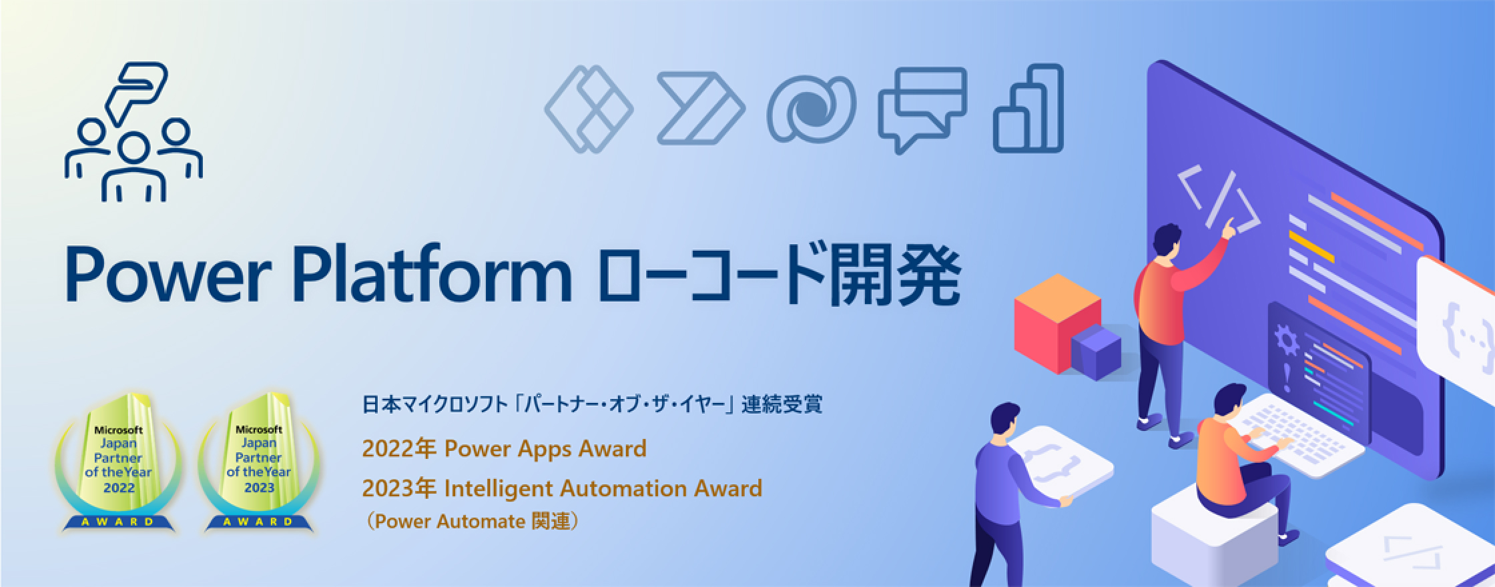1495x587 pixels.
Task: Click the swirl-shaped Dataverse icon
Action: coord(811,109)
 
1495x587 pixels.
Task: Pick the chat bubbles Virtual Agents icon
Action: coord(923,109)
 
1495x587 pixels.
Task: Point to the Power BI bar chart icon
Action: coord(1028,108)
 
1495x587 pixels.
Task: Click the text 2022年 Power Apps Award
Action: coord(504,449)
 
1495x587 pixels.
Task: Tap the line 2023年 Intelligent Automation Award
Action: coord(562,489)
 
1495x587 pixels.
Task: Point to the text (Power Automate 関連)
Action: coord(471,521)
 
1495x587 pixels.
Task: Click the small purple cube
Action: coord(1095,353)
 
